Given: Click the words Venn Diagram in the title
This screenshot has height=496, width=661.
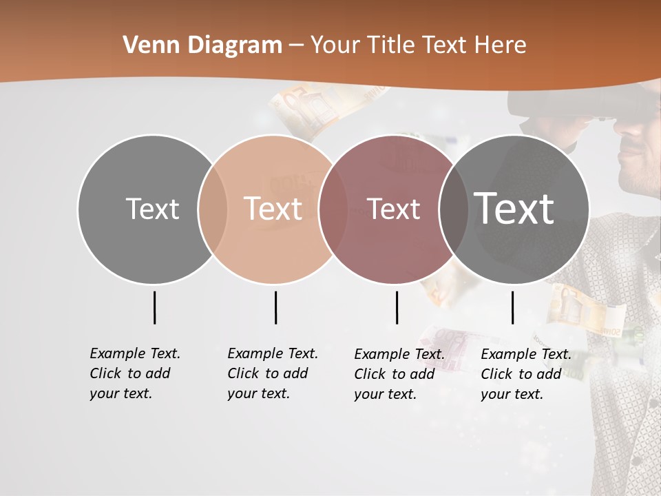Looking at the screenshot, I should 202,45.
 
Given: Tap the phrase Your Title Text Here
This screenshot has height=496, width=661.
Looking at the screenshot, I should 418,45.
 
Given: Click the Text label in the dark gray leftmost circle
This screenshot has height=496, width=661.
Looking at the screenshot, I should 152,209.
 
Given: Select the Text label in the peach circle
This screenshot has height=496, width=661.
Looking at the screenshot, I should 273,209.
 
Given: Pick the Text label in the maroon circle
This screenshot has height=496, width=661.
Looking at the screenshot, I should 393,209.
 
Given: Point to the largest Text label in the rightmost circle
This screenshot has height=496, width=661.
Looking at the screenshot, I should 514,208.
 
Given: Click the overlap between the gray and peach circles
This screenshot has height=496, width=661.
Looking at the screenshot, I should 213,209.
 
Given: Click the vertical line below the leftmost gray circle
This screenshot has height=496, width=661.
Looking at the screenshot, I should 154,307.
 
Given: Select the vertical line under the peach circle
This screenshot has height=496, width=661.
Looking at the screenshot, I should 275,307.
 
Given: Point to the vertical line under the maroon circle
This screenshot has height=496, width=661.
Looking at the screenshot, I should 397,307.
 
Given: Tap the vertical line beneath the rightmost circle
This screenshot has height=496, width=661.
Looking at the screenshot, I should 512,307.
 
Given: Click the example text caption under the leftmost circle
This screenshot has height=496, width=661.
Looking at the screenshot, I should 134,373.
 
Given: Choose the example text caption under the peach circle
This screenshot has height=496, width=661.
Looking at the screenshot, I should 272,373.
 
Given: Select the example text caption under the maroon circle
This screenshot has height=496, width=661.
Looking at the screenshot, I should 399,374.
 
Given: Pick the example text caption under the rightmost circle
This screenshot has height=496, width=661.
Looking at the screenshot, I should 525,374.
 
